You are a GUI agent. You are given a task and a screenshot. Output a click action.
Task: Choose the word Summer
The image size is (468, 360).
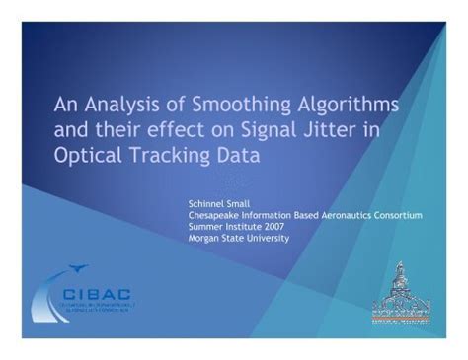click(205, 226)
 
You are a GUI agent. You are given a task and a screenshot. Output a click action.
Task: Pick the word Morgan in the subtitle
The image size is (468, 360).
click(204, 238)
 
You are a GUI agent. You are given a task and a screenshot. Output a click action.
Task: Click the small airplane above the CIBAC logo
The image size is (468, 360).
click(80, 267)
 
